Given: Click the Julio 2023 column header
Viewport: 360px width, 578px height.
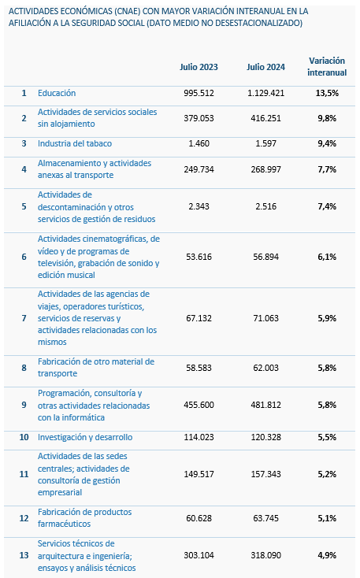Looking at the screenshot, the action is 199,67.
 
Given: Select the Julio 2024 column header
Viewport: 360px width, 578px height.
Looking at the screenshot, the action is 266,67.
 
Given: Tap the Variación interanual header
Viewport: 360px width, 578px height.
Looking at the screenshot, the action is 327,66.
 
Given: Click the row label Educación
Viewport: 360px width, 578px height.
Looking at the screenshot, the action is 57,93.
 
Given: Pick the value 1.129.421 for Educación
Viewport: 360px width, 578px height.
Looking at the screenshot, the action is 266,93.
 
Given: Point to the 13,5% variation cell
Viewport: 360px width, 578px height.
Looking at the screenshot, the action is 327,93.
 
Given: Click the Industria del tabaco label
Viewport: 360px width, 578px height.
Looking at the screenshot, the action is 75,143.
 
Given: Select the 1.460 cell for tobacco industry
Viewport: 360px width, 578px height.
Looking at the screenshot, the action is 199,143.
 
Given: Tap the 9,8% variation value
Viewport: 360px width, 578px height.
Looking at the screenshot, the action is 327,118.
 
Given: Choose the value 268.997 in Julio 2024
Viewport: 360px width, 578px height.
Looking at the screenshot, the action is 266,169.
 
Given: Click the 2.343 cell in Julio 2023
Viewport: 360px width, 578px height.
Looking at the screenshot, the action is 199,206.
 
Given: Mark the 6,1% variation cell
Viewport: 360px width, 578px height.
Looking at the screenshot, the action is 327,257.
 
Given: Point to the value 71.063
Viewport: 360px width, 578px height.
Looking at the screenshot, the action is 266,318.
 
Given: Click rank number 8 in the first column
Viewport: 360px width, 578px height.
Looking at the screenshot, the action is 24,368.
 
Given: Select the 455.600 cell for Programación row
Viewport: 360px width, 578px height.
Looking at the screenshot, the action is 199,405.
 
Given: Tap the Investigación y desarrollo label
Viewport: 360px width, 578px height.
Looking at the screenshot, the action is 85,437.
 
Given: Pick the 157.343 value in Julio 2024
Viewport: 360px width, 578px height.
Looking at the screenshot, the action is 266,474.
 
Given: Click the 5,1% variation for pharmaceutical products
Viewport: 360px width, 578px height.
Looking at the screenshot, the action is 327,518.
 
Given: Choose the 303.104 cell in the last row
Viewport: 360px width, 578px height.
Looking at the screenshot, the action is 199,555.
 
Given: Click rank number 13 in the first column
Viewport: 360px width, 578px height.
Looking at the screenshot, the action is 24,555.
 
